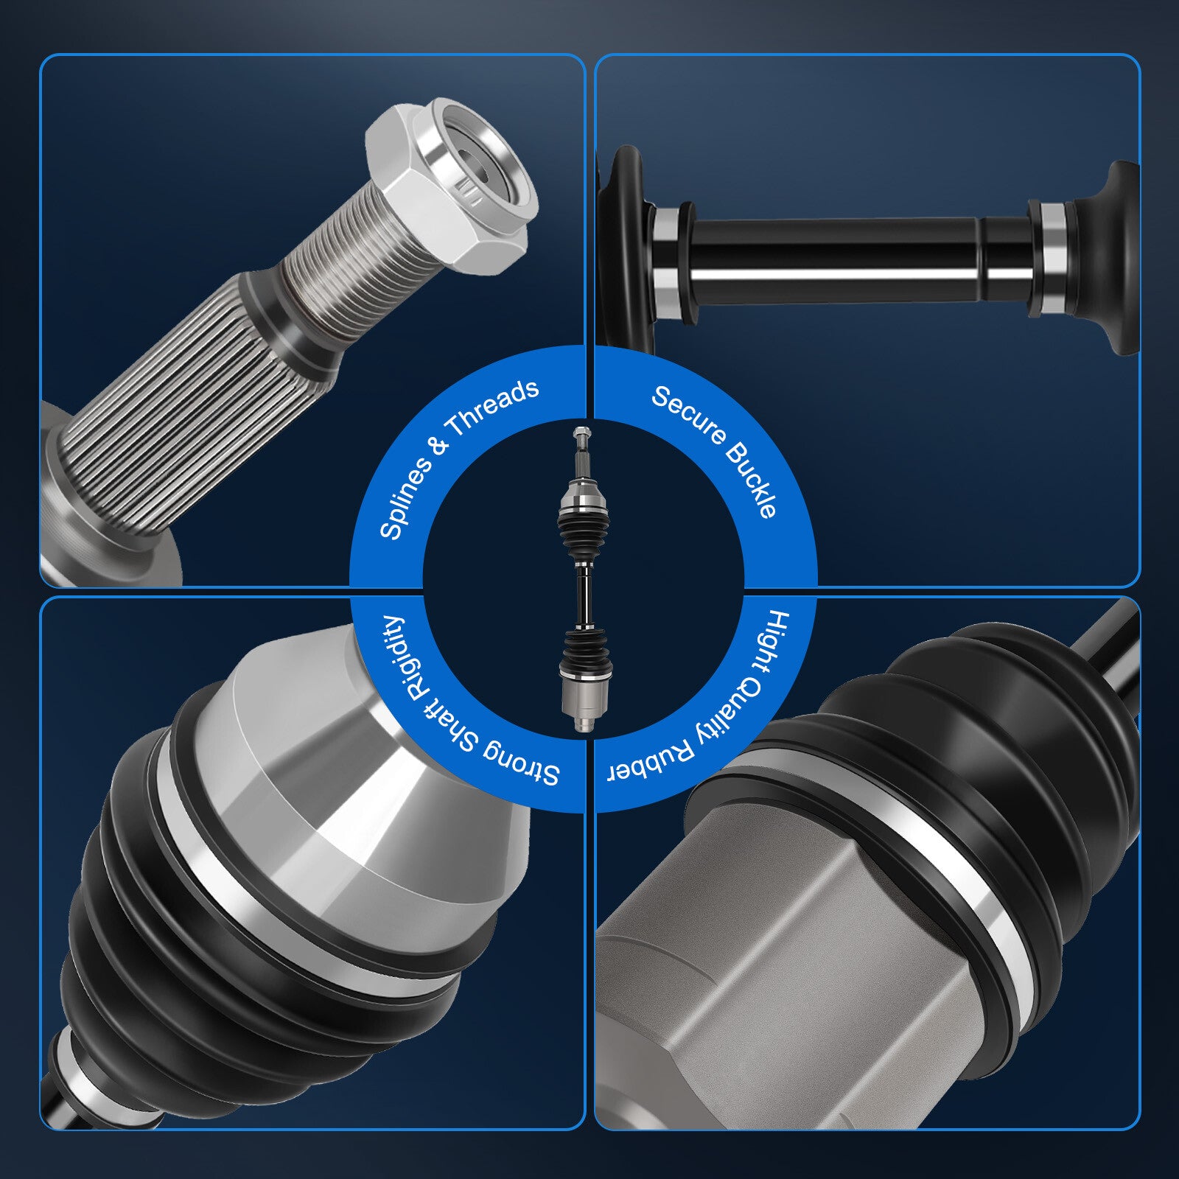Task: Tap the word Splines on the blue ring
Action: click(405, 494)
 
